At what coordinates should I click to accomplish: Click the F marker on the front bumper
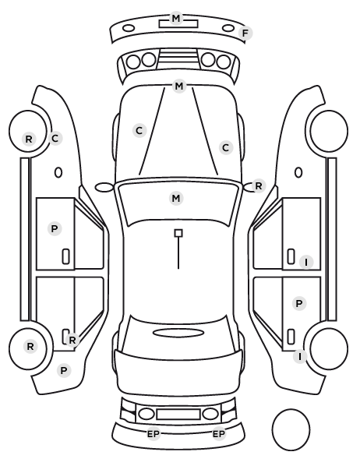pyautogui.click(x=245, y=34)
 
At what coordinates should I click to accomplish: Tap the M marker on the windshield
pyautogui.click(x=176, y=198)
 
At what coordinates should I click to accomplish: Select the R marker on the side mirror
pyautogui.click(x=259, y=186)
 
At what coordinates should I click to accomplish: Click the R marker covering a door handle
pyautogui.click(x=72, y=341)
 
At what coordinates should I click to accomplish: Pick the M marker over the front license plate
pyautogui.click(x=176, y=19)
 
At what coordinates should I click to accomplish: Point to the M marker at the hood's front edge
pyautogui.click(x=179, y=86)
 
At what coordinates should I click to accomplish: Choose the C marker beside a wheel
pyautogui.click(x=55, y=138)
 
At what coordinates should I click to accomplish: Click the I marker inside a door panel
pyautogui.click(x=306, y=263)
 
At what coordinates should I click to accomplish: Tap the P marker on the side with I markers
pyautogui.click(x=299, y=303)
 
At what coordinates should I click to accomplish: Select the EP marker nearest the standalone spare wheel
pyautogui.click(x=219, y=434)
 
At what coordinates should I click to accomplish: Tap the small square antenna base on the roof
pyautogui.click(x=178, y=233)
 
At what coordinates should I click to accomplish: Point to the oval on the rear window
pyautogui.click(x=178, y=333)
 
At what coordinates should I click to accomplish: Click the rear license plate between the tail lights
pyautogui.click(x=178, y=415)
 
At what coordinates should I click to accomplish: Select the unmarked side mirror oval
pyautogui.click(x=104, y=188)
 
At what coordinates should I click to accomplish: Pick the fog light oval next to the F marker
pyautogui.click(x=228, y=28)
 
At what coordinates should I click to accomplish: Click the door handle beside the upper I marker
pyautogui.click(x=291, y=256)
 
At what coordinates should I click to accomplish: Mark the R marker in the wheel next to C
pyautogui.click(x=29, y=139)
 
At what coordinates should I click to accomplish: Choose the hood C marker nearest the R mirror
pyautogui.click(x=226, y=148)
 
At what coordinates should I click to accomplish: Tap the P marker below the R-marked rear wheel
pyautogui.click(x=64, y=371)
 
